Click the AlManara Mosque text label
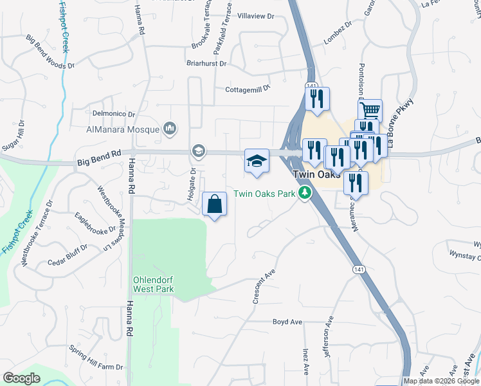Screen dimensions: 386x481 click(x=122, y=129)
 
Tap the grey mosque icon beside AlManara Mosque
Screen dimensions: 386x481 click(x=170, y=129)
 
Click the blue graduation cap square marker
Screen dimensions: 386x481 click(x=257, y=161)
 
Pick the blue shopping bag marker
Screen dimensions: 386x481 click(x=215, y=205)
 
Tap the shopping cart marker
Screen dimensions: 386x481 click(x=370, y=111)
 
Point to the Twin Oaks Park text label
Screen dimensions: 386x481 click(x=266, y=194)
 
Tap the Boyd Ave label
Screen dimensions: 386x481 click(x=287, y=322)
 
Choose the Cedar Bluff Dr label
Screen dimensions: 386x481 click(x=68, y=255)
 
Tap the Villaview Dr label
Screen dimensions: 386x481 click(x=256, y=15)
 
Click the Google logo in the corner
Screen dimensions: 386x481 click(x=22, y=378)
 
